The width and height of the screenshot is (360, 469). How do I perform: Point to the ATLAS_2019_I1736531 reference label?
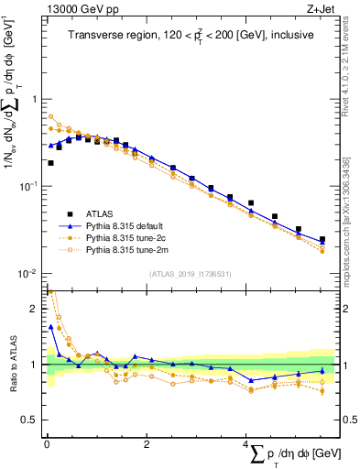pos(191,273)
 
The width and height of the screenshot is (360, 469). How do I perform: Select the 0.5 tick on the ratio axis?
pos(31,420)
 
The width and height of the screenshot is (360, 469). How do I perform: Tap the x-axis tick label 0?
pos(47,444)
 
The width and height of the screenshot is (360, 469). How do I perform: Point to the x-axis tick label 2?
pos(147,444)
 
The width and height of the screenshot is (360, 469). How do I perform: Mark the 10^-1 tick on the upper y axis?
pos(27,186)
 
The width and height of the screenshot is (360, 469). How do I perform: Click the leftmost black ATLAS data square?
pos(50,163)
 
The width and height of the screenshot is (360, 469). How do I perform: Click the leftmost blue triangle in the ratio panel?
pos(50,325)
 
